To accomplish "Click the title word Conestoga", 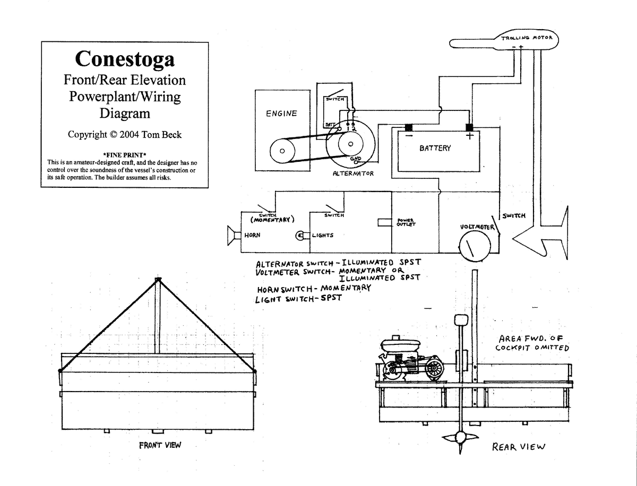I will (x=125, y=58).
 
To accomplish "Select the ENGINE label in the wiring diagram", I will (x=281, y=114).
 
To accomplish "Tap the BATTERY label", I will (x=435, y=148).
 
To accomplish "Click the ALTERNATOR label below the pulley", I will (x=353, y=173).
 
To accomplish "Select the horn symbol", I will (x=232, y=235).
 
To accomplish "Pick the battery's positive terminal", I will (x=469, y=128).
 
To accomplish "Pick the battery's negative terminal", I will (x=409, y=128).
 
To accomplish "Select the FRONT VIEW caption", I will (x=160, y=445).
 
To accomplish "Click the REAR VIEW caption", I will (x=519, y=447).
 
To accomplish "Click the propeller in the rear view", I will (x=460, y=439).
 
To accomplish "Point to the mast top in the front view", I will (x=157, y=279).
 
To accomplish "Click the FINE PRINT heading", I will (x=124, y=154).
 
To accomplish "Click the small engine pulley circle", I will (x=282, y=151).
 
